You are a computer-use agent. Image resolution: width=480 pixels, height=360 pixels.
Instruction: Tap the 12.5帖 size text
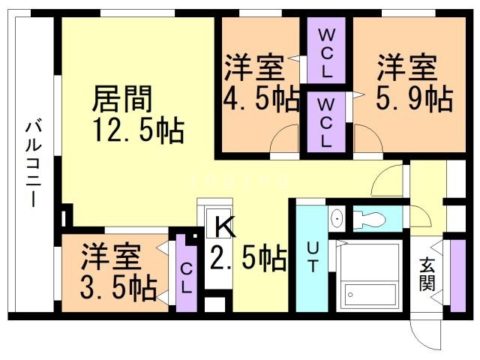(139, 130)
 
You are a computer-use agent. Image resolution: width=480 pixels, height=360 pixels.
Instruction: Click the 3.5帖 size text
(118, 286)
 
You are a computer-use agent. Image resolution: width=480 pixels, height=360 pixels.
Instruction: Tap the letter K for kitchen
(223, 226)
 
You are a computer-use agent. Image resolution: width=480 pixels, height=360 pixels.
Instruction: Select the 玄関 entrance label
(428, 274)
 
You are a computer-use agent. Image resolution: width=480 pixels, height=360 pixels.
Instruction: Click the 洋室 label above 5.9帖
(406, 68)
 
